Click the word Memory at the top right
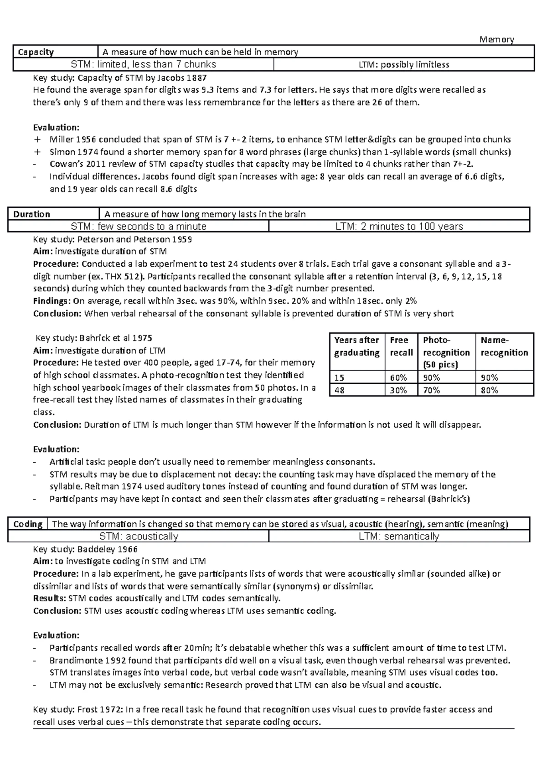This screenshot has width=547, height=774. click(x=496, y=40)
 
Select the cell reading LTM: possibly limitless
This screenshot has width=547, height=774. click(x=403, y=65)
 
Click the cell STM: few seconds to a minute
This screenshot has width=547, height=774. click(x=139, y=227)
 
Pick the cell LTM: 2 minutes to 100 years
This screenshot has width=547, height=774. click(x=399, y=227)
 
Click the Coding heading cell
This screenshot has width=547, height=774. click(x=28, y=524)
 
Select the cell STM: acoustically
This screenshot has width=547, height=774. click(x=139, y=537)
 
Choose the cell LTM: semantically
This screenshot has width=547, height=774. click(x=399, y=537)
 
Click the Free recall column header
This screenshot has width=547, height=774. click(x=401, y=346)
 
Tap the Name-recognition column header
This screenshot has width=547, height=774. click(x=504, y=346)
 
